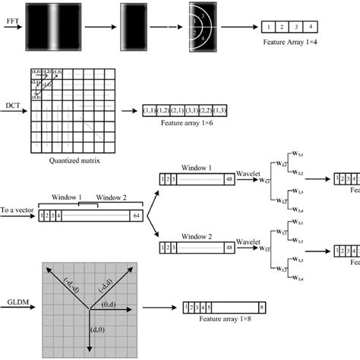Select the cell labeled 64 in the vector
[x=136, y=216]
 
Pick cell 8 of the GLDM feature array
[x=261, y=308]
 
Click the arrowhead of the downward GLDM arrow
[x=90, y=349]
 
